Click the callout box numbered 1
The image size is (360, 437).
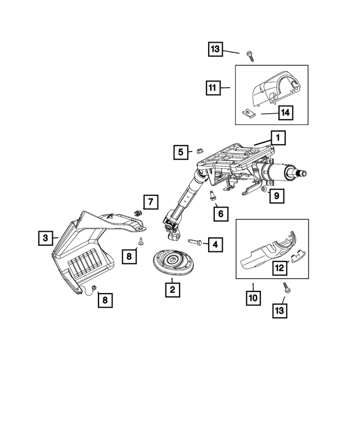[x=277, y=137]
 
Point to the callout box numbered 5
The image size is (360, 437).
[x=180, y=151]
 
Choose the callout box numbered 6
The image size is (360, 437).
[x=220, y=214]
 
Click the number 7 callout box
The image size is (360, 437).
[x=150, y=201]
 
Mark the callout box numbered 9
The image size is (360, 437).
[x=275, y=196]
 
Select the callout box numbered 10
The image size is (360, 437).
[x=253, y=296]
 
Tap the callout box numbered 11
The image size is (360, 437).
[x=213, y=88]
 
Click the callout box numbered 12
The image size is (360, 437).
[x=279, y=268]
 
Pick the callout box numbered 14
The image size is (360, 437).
[x=285, y=113]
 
